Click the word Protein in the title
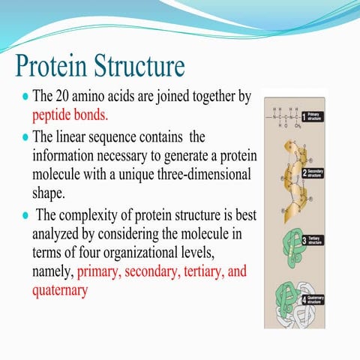[x=52, y=67]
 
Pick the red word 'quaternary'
[x=63, y=289]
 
